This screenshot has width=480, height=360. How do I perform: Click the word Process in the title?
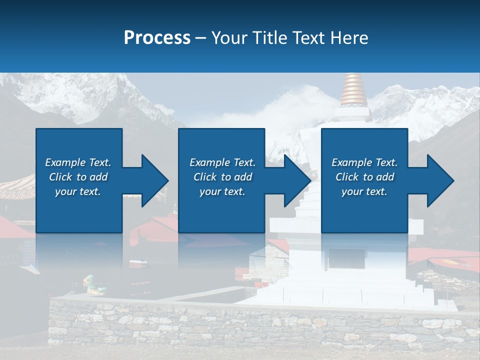tap(157, 38)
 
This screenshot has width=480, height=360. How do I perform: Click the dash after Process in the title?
tap(201, 38)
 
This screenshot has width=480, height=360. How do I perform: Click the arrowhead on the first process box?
tap(154, 180)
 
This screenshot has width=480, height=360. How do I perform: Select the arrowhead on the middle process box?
tap(297, 180)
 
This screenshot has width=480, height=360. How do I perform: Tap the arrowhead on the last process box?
tap(440, 180)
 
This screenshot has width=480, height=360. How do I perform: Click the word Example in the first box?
tap(65, 162)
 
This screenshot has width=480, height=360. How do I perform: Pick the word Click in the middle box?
tap(205, 177)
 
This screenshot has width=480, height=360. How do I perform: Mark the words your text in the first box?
tap(78, 191)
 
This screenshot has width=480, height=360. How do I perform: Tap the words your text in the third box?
tap(364, 191)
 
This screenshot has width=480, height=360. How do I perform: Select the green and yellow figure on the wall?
tap(93, 285)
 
